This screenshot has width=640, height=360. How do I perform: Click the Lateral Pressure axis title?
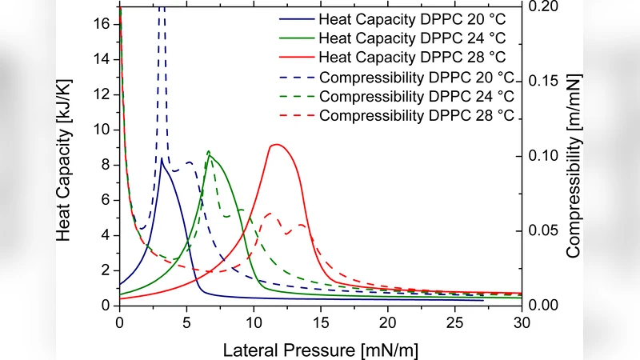[320, 349]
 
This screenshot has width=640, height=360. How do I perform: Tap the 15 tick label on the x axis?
[320, 322]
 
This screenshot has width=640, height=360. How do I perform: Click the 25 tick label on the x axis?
[454, 322]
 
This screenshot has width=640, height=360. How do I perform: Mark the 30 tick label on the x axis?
[521, 322]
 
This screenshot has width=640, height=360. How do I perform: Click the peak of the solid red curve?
[276, 144]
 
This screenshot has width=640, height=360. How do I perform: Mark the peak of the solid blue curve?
[162, 158]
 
